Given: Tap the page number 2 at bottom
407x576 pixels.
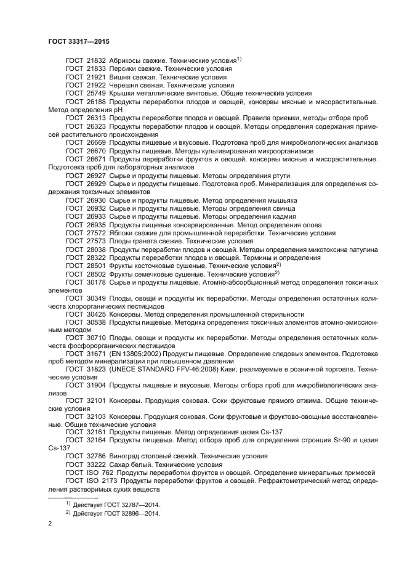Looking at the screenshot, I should pyautogui.click(x=50, y=524).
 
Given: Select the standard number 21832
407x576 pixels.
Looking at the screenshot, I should pyautogui.click(x=96, y=60).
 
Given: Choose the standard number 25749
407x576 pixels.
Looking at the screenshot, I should pyautogui.click(x=96, y=94).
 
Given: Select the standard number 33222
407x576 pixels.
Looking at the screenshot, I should pyautogui.click(x=96, y=464).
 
